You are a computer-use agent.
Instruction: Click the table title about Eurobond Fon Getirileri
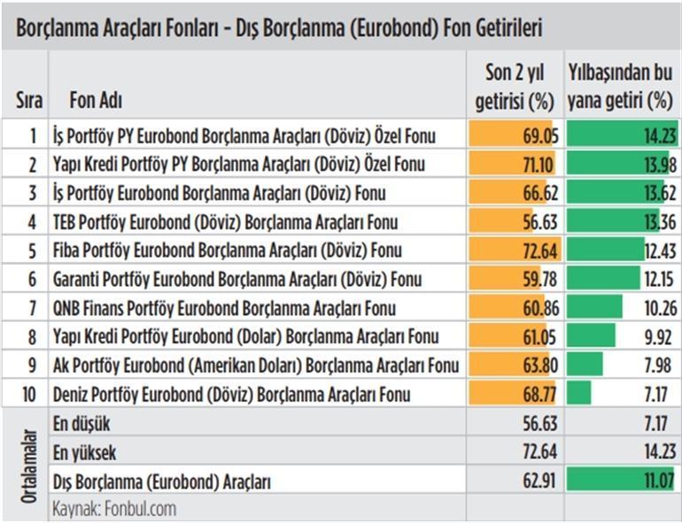(x=279, y=28)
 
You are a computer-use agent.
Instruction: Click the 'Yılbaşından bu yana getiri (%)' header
(x=620, y=86)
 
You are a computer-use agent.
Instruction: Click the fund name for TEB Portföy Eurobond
(x=227, y=222)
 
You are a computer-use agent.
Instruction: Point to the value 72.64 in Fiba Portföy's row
(x=539, y=250)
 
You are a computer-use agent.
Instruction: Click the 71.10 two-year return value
(x=539, y=165)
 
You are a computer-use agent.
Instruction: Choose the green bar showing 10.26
(x=595, y=308)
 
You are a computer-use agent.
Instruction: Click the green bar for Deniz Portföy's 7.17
(x=579, y=394)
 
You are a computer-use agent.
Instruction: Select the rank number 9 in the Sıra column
(x=33, y=365)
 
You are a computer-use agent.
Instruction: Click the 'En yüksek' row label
(x=85, y=453)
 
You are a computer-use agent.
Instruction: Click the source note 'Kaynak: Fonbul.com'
(x=114, y=509)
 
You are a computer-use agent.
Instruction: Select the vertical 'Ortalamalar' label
(x=28, y=465)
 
